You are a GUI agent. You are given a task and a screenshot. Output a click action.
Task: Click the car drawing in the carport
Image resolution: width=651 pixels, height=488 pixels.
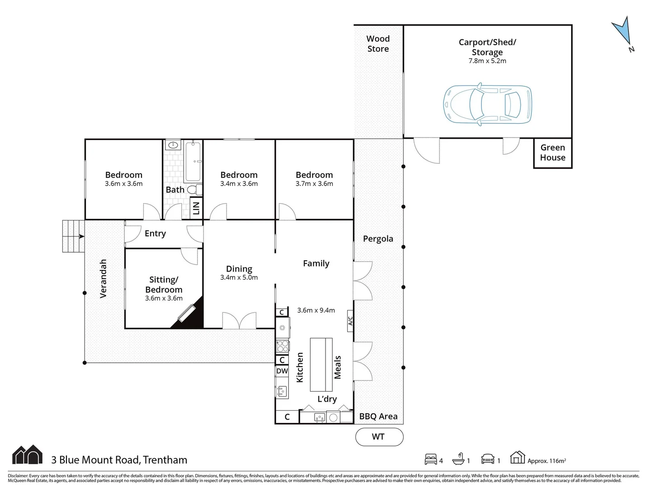tap(487, 104)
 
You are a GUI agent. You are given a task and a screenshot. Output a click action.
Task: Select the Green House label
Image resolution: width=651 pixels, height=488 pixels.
tap(552, 153)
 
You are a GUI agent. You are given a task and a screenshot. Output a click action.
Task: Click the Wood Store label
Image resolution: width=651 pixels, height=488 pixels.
tap(378, 44)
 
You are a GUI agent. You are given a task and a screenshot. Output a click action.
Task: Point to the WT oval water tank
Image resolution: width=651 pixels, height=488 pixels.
tap(379, 436)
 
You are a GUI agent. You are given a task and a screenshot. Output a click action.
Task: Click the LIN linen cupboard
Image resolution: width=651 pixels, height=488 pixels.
tap(196, 208)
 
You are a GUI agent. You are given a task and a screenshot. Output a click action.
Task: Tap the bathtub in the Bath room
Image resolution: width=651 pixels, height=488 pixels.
tap(193, 161)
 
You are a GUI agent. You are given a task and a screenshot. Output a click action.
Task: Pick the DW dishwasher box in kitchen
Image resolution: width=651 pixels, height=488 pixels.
tap(282, 371)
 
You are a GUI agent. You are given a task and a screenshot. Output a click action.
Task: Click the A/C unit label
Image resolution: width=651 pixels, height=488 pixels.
tap(350, 321)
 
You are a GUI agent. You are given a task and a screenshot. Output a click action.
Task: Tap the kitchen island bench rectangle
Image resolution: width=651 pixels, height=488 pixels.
tap(321, 365)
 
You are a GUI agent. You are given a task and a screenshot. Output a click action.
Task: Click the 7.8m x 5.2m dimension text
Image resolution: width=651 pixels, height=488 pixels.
tap(487, 61)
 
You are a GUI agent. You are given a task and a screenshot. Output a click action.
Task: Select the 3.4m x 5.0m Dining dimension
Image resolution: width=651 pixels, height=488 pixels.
tap(239, 277)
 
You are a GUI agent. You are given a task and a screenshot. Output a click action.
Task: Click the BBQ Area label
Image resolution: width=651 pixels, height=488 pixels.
tap(378, 417)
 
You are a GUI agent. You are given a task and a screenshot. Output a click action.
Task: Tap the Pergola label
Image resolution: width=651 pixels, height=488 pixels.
tap(378, 239)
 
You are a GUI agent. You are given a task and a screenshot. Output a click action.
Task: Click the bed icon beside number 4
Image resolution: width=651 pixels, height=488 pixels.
tap(431, 460)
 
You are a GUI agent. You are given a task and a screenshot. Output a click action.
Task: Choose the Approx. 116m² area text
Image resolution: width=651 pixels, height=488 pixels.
tap(546, 461)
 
